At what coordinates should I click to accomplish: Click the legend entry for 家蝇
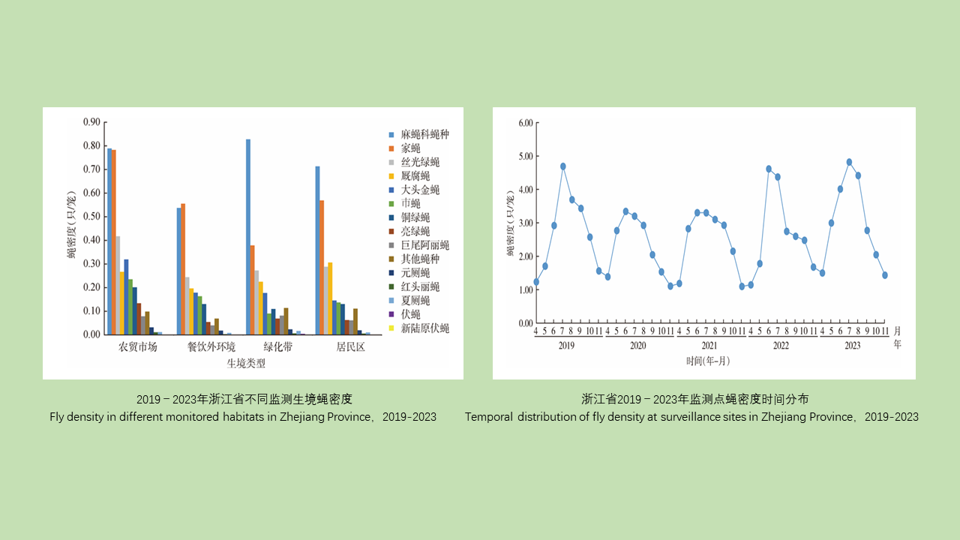[x=410, y=148]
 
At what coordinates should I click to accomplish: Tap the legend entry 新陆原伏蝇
[x=424, y=328]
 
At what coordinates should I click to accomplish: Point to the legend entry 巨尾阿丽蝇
[x=424, y=245]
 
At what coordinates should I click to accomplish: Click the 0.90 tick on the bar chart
[x=91, y=122]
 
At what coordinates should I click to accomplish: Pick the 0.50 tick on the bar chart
[x=91, y=217]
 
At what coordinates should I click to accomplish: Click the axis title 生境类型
[x=246, y=364]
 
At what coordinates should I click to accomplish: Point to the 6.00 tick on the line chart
[x=524, y=123]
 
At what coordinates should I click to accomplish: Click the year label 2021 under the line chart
[x=709, y=346]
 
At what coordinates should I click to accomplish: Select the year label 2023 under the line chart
[x=852, y=346]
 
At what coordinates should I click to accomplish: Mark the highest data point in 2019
[x=562, y=166]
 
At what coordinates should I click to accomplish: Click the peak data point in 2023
[x=849, y=162]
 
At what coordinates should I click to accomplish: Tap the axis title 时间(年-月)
[x=708, y=361]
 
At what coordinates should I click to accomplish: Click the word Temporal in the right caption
[x=488, y=417]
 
